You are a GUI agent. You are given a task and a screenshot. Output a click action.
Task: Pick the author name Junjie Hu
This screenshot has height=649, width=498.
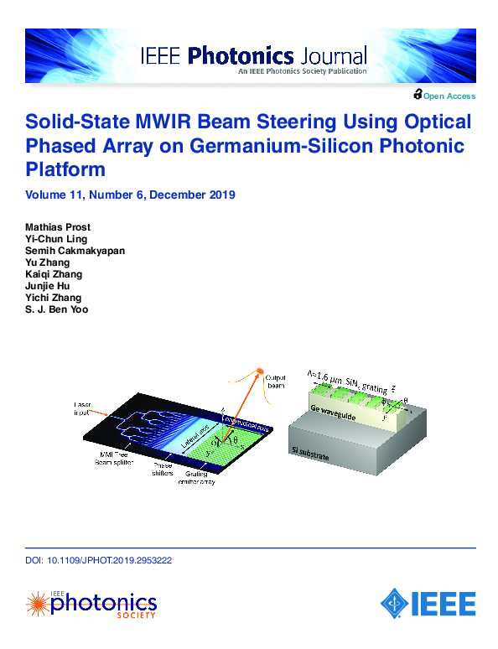(x=48, y=286)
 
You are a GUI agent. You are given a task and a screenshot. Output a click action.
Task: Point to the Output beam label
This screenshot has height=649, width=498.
(x=276, y=382)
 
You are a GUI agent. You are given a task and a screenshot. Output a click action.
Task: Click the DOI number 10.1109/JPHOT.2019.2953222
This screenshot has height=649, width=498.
(x=105, y=561)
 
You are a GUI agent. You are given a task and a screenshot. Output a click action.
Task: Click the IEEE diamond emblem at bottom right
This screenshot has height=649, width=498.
(x=395, y=602)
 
